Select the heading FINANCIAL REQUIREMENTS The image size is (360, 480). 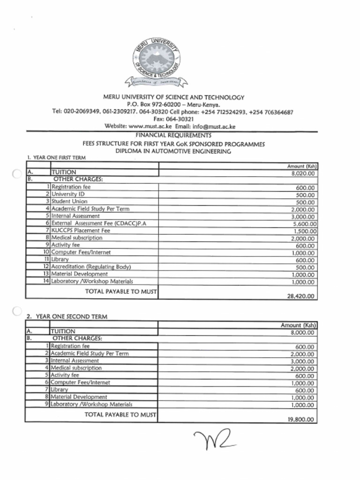tap(173, 135)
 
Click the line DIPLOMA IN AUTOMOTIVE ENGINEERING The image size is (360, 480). tap(173, 151)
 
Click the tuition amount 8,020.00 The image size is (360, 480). tap(303, 173)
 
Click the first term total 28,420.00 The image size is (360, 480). tap(301, 296)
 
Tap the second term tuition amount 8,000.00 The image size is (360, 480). tap(303, 333)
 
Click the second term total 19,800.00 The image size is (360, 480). tap(301, 420)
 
